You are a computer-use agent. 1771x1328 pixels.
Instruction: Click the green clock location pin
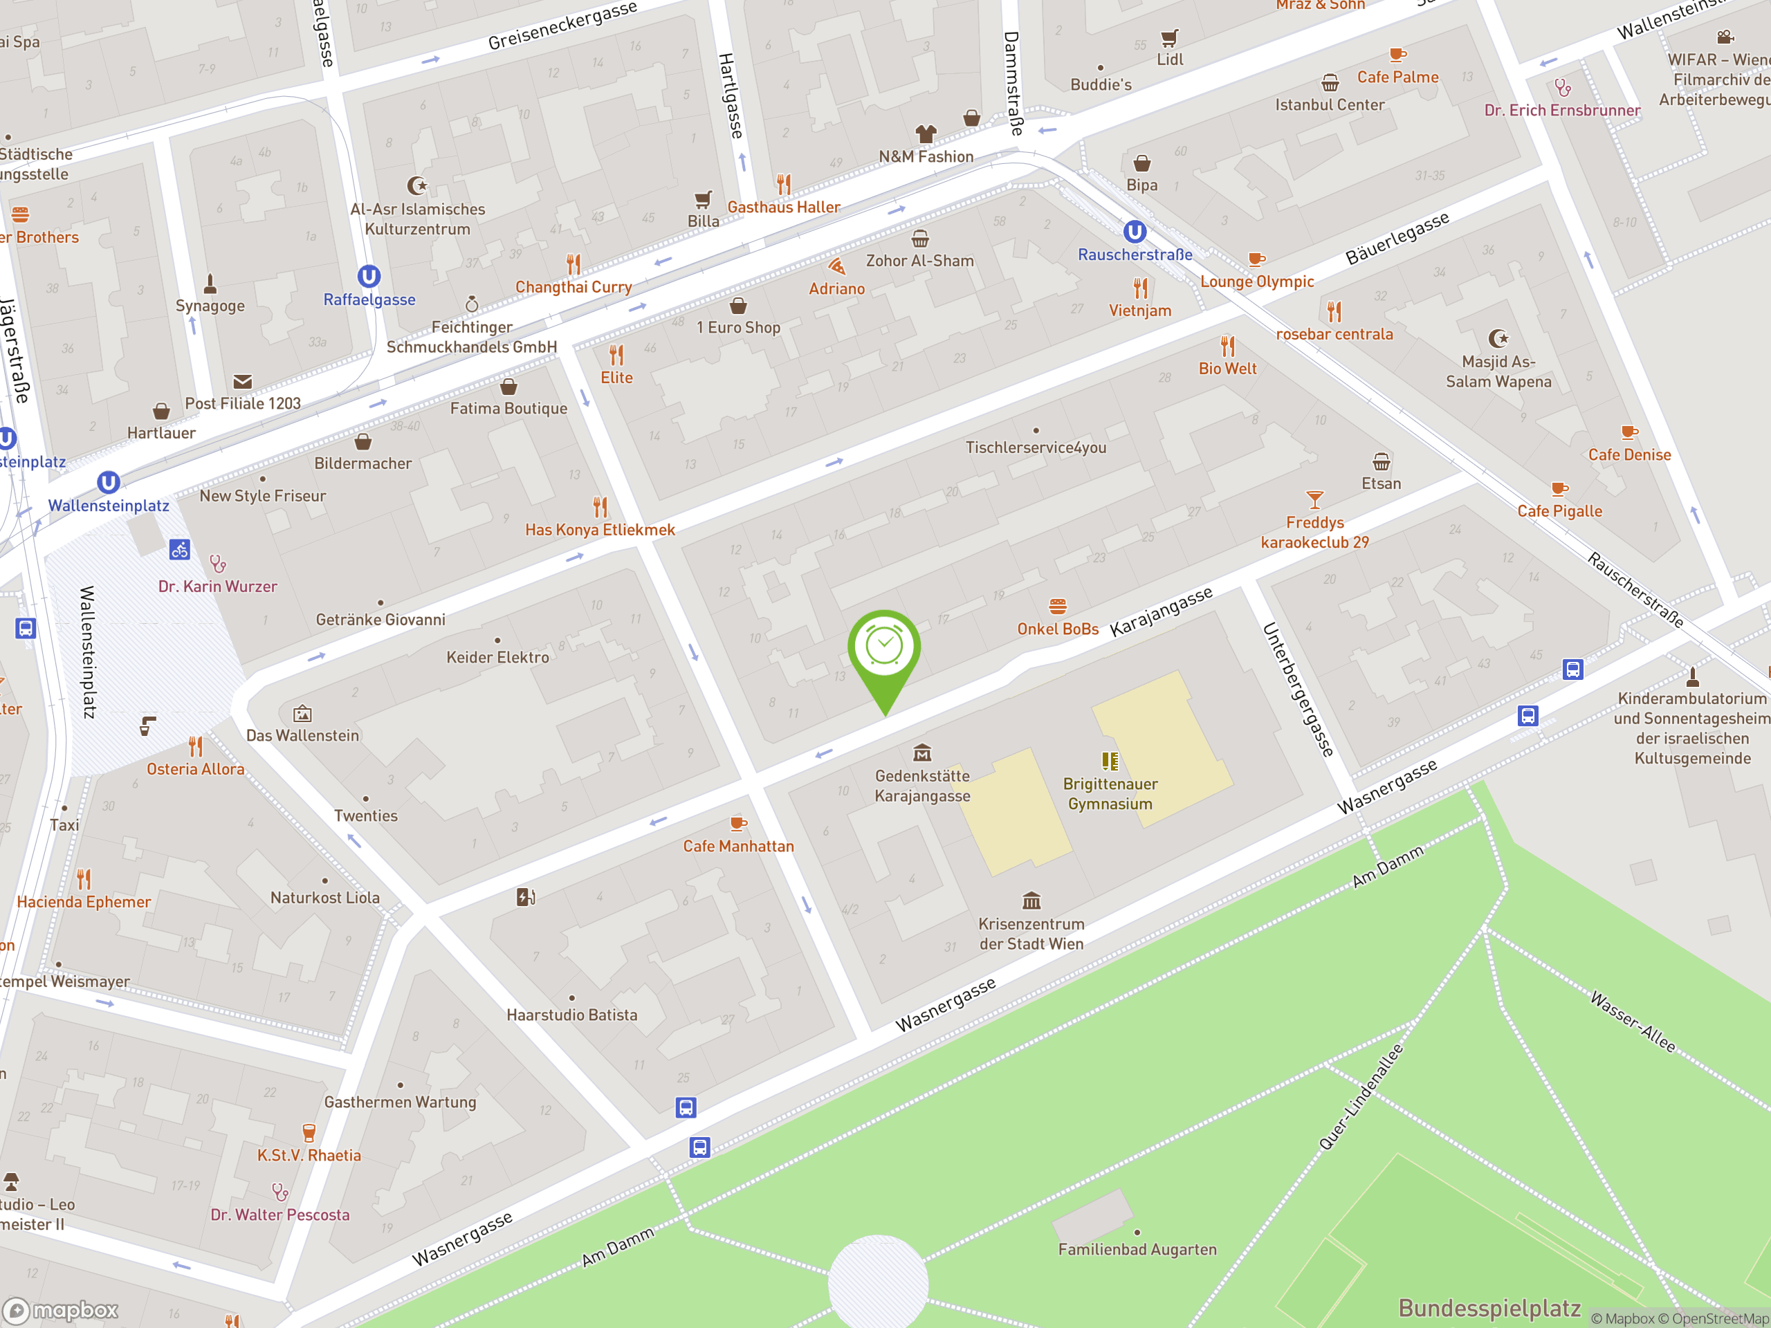(x=884, y=648)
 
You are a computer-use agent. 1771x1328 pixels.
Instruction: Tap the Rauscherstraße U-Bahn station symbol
(x=1135, y=232)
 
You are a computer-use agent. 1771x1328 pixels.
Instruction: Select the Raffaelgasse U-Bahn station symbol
(x=368, y=277)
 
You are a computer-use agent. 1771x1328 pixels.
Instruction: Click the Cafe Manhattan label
(x=738, y=846)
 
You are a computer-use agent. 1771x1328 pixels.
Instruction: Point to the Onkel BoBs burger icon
(x=1058, y=607)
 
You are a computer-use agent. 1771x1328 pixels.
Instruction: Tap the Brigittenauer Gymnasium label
(x=1110, y=793)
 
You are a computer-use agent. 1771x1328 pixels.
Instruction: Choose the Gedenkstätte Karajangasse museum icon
(x=922, y=753)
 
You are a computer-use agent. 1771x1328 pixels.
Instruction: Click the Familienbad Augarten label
(x=1137, y=1250)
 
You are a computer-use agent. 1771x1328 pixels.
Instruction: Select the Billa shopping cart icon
(x=703, y=199)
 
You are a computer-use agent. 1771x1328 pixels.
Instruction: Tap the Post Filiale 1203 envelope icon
(x=243, y=382)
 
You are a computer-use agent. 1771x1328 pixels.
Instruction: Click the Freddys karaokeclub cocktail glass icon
(x=1314, y=500)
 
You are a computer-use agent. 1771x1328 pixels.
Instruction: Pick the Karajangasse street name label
(x=1161, y=612)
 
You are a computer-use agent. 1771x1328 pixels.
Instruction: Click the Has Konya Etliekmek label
(x=600, y=530)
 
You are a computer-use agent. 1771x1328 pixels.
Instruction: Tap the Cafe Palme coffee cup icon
(x=1397, y=55)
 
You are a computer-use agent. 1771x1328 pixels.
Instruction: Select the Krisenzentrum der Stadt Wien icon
(x=1031, y=901)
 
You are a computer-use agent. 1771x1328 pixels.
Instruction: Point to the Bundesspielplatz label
(x=1489, y=1308)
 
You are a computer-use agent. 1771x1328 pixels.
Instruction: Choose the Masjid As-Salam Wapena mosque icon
(x=1498, y=339)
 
